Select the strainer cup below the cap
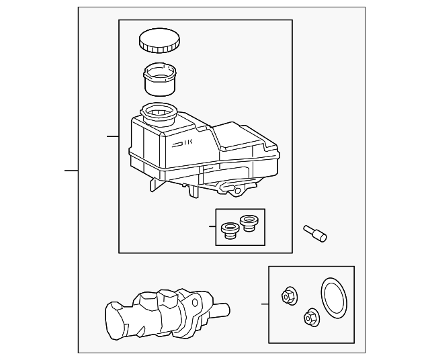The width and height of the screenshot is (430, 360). (161, 79)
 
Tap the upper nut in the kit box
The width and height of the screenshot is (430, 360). (289, 295)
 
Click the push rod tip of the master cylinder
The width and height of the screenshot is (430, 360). (222, 312)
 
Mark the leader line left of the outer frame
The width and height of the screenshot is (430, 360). (71, 170)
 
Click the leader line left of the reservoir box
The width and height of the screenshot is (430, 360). (113, 137)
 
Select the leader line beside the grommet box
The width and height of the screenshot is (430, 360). (211, 228)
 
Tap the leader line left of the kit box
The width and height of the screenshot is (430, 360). (265, 304)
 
